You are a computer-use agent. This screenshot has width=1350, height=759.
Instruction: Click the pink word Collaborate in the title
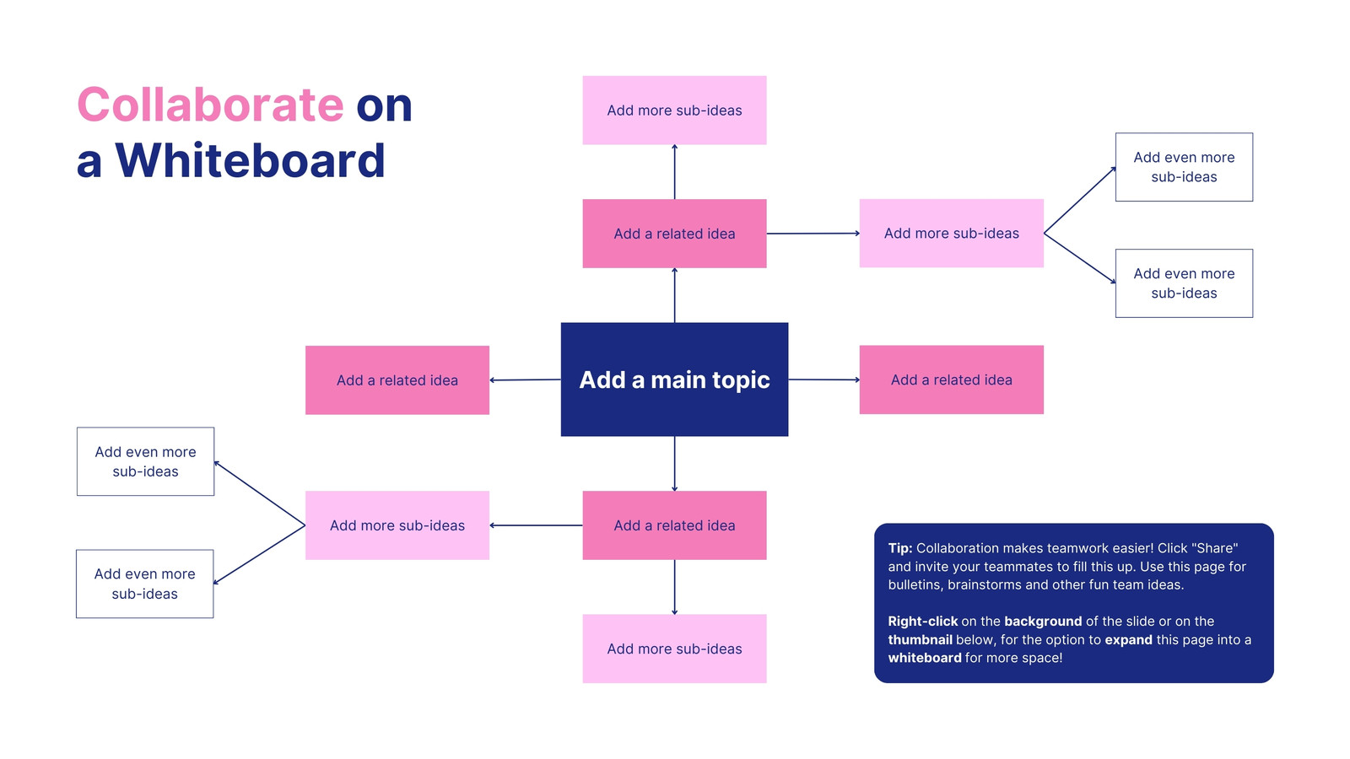(x=210, y=105)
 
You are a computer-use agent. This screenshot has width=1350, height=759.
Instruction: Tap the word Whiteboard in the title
(x=250, y=161)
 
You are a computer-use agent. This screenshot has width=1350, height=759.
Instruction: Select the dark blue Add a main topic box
(x=674, y=379)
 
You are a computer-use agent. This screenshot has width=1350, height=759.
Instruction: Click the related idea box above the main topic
(x=674, y=234)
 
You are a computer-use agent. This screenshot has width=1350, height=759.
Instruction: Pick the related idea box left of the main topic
(x=397, y=380)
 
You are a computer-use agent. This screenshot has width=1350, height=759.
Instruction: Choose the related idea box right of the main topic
(x=952, y=379)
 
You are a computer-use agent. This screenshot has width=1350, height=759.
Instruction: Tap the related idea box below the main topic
(x=674, y=525)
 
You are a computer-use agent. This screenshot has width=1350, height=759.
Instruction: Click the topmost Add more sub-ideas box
(x=674, y=110)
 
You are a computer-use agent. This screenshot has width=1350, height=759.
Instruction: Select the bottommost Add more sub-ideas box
(x=674, y=649)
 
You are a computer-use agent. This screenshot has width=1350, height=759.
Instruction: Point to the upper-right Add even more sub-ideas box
(x=1185, y=167)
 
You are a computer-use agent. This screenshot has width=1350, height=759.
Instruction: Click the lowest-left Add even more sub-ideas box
(x=144, y=584)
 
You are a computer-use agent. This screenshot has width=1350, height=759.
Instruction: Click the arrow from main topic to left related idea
(x=525, y=380)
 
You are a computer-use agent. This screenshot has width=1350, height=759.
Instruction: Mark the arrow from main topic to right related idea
(x=823, y=379)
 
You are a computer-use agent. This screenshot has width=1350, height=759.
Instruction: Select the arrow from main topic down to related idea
(x=674, y=464)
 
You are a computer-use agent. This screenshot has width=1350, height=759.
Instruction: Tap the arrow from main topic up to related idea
(x=674, y=295)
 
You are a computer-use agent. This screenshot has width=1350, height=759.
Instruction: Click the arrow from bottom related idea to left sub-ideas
(x=536, y=525)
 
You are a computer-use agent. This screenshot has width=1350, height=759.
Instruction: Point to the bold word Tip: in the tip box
(x=900, y=548)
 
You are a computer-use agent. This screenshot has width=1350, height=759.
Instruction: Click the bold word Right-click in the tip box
(x=923, y=622)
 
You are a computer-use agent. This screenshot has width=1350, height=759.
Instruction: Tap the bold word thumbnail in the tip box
(x=921, y=640)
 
